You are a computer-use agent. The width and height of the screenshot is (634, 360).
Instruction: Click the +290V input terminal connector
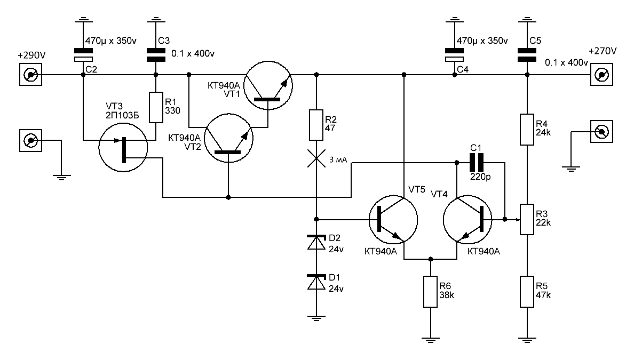[31, 74]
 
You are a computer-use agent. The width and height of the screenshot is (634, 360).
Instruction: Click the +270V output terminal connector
[601, 74]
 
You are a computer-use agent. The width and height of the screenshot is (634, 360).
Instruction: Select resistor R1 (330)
[156, 108]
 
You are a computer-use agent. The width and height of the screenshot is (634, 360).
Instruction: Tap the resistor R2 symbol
[316, 125]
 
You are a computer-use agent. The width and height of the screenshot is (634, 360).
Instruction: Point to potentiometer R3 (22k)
[527, 219]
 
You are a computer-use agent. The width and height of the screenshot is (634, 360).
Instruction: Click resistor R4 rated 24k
[527, 129]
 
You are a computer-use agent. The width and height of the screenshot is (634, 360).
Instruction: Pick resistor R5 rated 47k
[527, 292]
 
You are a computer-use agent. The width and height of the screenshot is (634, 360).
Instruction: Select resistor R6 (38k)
[431, 292]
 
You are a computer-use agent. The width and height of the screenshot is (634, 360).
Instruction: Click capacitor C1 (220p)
[477, 163]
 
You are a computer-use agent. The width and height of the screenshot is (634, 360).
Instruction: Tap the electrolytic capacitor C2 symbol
[83, 55]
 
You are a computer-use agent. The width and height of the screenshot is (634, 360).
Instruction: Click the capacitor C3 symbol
[156, 55]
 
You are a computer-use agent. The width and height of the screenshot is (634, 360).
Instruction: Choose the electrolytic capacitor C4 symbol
[455, 55]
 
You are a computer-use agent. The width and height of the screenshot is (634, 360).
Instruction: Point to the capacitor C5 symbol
[527, 55]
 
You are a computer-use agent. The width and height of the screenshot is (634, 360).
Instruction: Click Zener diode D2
[316, 243]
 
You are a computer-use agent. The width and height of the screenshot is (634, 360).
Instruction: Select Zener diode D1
[316, 282]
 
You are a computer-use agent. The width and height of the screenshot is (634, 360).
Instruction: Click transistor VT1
[268, 86]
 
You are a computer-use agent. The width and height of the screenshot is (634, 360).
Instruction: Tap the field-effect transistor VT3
[123, 148]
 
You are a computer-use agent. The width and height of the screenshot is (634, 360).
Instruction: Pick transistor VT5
[393, 220]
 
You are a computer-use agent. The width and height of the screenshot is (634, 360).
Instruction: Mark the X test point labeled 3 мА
[316, 158]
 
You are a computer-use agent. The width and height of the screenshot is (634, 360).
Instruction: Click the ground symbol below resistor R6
[431, 339]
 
